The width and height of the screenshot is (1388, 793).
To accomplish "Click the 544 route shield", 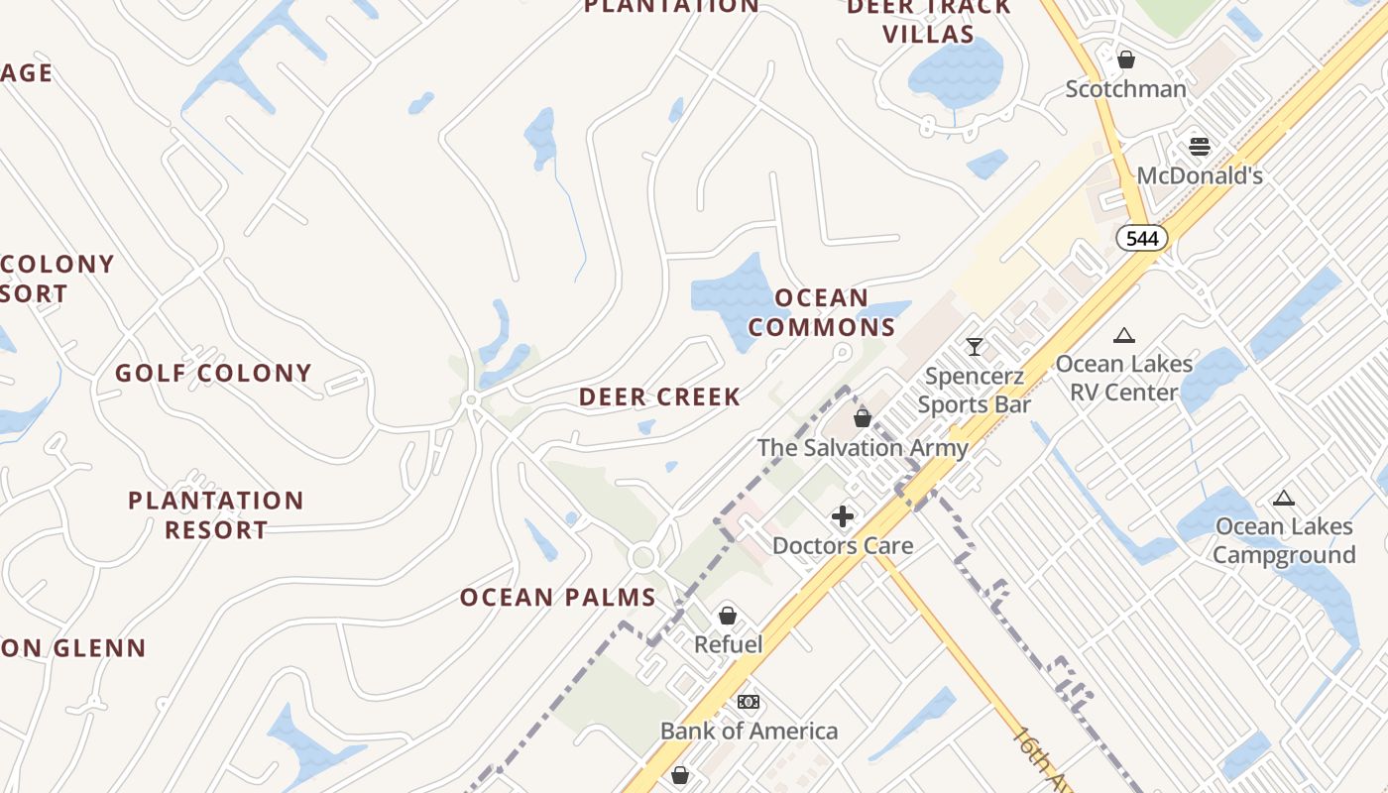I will tap(1142, 238).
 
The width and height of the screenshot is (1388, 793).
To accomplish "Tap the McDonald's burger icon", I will tap(1200, 147).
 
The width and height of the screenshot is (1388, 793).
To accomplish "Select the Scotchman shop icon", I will tap(1125, 59).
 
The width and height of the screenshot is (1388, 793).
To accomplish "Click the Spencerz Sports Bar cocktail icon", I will tap(975, 346).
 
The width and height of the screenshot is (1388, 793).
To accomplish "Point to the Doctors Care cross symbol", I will tap(843, 516).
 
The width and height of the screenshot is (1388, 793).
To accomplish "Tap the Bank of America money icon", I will tap(749, 702).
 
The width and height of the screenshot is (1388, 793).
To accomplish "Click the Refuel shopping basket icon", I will tap(728, 616).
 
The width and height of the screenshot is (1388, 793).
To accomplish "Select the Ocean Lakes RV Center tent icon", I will tap(1123, 335).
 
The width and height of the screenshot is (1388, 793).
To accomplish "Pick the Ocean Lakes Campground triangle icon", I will tap(1284, 498).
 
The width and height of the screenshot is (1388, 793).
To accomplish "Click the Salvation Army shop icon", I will tap(863, 418).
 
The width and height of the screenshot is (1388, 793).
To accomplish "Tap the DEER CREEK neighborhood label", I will tap(659, 397).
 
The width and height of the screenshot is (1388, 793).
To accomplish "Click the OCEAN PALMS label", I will tap(557, 598).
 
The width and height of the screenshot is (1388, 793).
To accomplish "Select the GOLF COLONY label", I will tap(213, 374).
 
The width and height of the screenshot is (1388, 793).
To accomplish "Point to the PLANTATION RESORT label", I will tap(215, 514).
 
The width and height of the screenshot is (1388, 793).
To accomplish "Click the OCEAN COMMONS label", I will tap(822, 312).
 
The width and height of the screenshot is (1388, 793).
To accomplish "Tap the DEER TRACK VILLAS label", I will tap(928, 20).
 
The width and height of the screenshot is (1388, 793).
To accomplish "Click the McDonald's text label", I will tap(1200, 176).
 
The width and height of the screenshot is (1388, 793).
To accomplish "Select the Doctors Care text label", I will tap(843, 546).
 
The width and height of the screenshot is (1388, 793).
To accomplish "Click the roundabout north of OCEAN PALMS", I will tap(643, 557).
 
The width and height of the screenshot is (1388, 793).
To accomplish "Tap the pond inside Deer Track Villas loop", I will tap(956, 73).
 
